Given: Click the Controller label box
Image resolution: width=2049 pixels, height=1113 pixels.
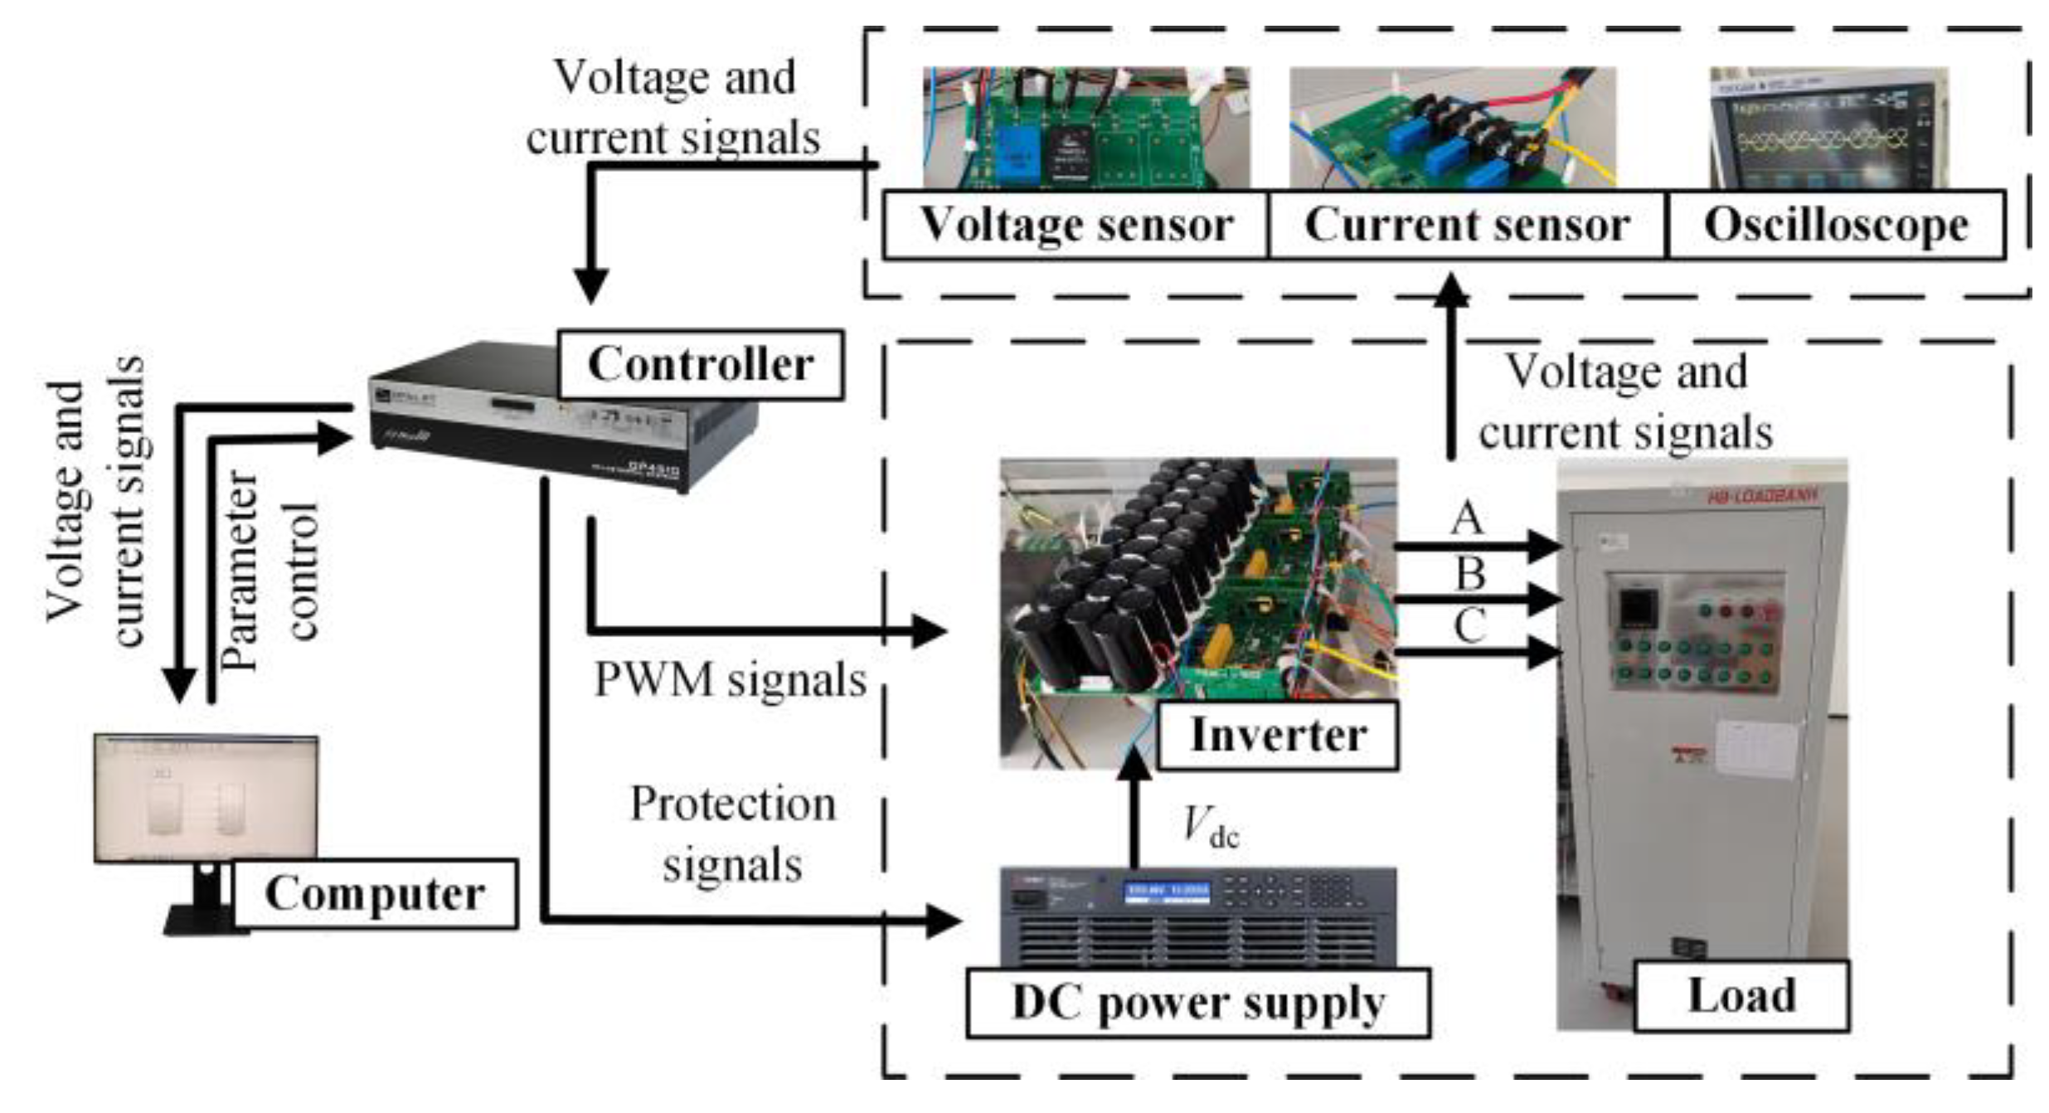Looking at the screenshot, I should pyautogui.click(x=701, y=365).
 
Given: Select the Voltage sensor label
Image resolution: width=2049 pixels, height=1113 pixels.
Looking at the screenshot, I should pyautogui.click(x=1075, y=226).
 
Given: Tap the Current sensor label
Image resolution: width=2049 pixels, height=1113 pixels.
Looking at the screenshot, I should pyautogui.click(x=1466, y=226).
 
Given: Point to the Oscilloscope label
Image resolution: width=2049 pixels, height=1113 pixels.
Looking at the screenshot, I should pyautogui.click(x=1835, y=226).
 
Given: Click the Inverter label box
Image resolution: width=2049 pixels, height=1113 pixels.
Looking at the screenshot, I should pyautogui.click(x=1278, y=736).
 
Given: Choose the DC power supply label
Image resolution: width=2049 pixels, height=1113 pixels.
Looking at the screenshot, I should pyautogui.click(x=1198, y=1004).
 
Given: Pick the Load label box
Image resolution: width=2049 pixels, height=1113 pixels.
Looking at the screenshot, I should pyautogui.click(x=1741, y=996).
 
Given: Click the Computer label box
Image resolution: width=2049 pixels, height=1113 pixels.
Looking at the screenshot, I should pyautogui.click(x=375, y=894).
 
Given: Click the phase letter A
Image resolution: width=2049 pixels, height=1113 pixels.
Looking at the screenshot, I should pyautogui.click(x=1466, y=519).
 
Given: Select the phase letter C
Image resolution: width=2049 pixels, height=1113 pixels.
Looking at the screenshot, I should pyautogui.click(x=1469, y=626).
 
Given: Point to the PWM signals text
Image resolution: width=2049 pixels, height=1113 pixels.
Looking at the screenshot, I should pyautogui.click(x=730, y=680).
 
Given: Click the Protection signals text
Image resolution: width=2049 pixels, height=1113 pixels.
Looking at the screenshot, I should pyautogui.click(x=732, y=834).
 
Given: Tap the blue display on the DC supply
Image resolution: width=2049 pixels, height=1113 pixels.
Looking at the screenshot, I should pyautogui.click(x=1167, y=893).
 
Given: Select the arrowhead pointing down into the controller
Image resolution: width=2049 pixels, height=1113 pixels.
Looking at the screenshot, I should pyautogui.click(x=591, y=286).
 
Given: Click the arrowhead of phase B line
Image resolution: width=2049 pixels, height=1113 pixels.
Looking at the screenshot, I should pyautogui.click(x=1544, y=599).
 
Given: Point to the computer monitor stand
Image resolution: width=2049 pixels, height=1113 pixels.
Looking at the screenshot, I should pyautogui.click(x=203, y=900).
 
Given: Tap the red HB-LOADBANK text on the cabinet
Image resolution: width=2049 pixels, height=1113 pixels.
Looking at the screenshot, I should pyautogui.click(x=1762, y=496).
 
